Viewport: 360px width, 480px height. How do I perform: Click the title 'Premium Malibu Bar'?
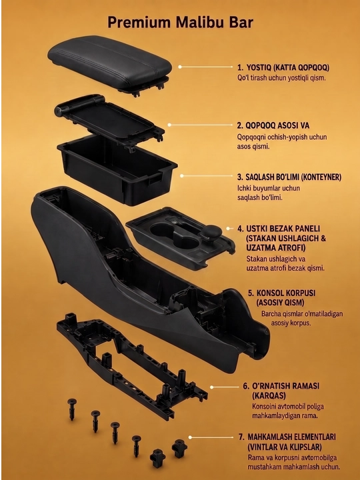(180, 23)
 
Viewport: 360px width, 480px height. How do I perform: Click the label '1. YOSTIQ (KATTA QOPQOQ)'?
(283, 67)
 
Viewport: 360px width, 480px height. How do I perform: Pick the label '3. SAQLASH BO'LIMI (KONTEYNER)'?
(289, 177)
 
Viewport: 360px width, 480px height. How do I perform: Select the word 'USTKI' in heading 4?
(257, 229)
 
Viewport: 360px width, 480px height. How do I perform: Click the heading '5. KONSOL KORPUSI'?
(281, 293)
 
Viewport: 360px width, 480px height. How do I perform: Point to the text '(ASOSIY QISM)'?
(281, 303)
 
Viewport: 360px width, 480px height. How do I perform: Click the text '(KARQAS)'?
(269, 395)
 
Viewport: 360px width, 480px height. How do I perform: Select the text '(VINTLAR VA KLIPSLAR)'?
(285, 447)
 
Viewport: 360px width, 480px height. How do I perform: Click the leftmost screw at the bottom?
(72, 409)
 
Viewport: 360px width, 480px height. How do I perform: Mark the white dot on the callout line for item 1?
(180, 67)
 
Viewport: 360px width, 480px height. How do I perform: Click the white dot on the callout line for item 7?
(190, 437)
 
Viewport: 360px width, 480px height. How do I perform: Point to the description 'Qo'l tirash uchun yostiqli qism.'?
(281, 78)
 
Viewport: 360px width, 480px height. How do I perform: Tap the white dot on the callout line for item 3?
(182, 176)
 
